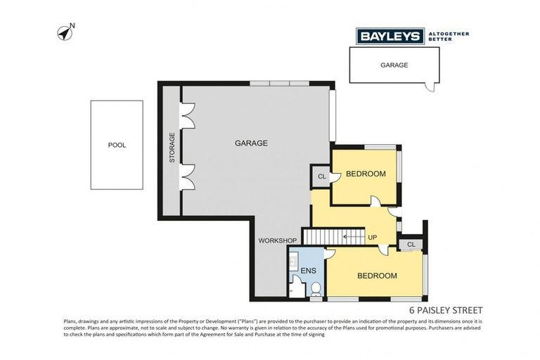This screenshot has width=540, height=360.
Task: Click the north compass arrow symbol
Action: tap(65, 32)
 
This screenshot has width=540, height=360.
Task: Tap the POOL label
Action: tap(117, 146)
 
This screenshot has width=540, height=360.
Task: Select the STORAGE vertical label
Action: tap(172, 148)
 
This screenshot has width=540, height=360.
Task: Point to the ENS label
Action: tap(308, 270)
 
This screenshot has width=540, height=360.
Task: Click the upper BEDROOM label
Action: tap(366, 174)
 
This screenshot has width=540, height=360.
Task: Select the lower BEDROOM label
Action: tap(377, 276)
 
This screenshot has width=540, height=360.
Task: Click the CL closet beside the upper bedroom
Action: tap(321, 176)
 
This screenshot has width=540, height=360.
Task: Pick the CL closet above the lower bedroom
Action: tap(411, 244)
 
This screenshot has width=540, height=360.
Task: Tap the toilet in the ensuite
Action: tap(316, 287)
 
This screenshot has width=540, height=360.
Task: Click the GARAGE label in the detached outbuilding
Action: tap(394, 64)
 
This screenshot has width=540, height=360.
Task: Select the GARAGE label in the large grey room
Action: tap(251, 143)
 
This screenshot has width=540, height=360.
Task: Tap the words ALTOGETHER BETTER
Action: tap(449, 36)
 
